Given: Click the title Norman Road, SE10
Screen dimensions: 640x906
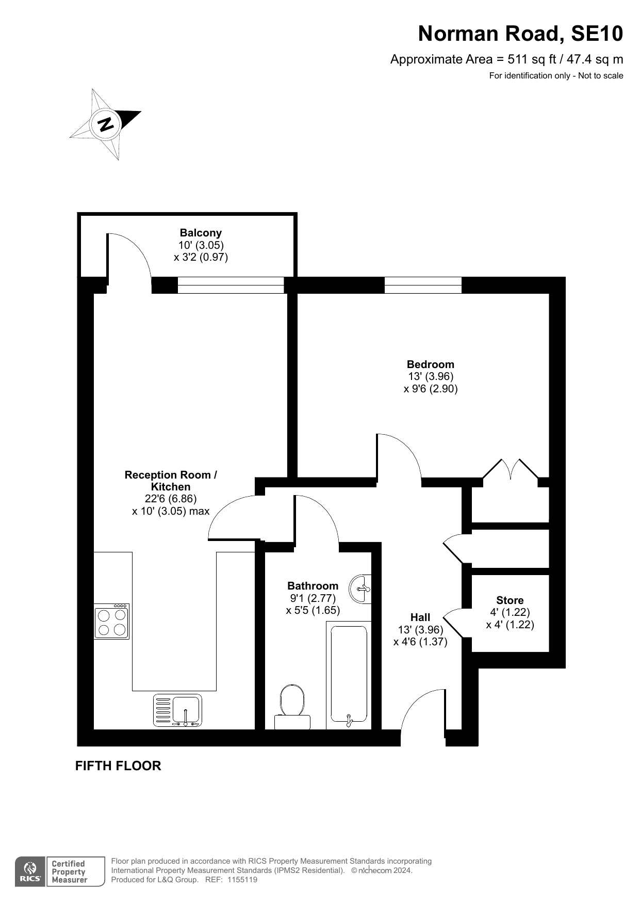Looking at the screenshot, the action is [x=520, y=34].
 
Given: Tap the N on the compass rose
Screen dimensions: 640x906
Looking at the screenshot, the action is [x=106, y=124].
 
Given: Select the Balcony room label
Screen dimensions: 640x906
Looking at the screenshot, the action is [x=201, y=233].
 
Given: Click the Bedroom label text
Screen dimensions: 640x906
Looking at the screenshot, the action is [x=431, y=364].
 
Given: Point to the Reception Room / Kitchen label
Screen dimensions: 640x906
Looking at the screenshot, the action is [x=171, y=481].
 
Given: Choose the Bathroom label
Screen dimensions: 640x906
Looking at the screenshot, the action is [x=313, y=586].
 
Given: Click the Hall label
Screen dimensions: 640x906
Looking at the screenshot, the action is [x=420, y=617].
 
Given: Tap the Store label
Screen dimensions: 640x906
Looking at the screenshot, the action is [x=510, y=600].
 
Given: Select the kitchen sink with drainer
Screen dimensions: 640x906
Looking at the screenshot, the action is [x=177, y=710].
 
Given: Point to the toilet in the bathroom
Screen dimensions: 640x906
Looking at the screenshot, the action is [x=292, y=706].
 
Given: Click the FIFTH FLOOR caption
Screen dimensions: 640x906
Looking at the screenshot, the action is [x=118, y=766].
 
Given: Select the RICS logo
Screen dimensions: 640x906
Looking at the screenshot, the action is [x=30, y=872].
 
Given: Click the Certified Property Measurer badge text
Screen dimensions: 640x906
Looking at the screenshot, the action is [x=69, y=872].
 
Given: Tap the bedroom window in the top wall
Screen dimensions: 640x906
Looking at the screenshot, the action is [x=423, y=285].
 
